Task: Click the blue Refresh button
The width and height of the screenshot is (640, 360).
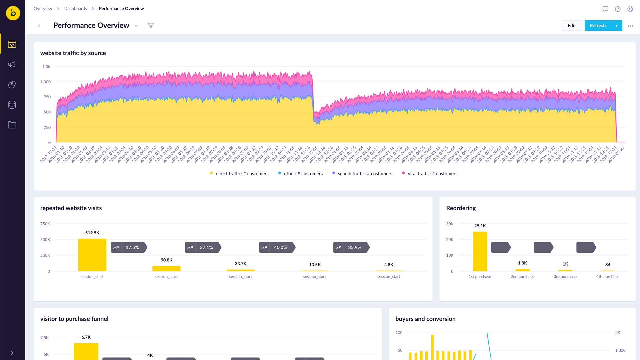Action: click(x=598, y=26)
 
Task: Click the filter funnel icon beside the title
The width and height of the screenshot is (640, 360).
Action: click(x=151, y=26)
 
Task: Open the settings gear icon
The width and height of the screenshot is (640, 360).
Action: click(x=630, y=9)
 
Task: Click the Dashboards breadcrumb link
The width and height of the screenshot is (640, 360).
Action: click(x=75, y=9)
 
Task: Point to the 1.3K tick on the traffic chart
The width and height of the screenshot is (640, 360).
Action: click(x=47, y=67)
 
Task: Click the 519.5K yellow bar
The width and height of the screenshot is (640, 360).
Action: click(x=92, y=255)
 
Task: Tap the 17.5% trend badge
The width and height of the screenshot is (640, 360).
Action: click(x=129, y=247)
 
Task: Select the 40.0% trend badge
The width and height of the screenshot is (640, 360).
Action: click(x=277, y=247)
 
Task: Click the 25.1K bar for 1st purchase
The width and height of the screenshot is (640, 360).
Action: click(x=480, y=251)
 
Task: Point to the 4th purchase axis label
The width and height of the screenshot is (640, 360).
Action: click(x=608, y=277)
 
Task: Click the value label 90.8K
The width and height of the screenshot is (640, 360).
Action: click(x=166, y=260)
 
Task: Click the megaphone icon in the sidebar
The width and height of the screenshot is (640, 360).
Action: click(x=12, y=64)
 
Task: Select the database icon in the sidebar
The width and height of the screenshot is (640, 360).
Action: click(x=12, y=105)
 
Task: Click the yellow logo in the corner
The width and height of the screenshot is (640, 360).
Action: click(x=13, y=13)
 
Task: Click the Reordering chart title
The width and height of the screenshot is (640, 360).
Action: click(x=461, y=208)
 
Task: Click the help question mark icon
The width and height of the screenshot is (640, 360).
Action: click(x=618, y=9)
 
